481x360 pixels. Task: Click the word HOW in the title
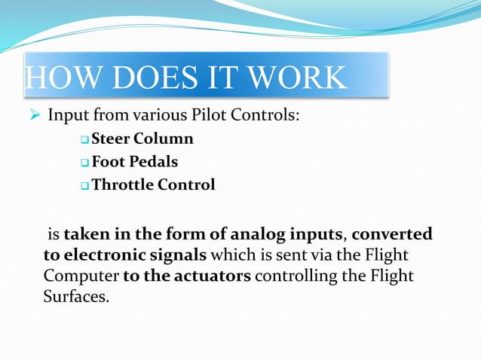(x=55, y=78)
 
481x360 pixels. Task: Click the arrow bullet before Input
(x=33, y=117)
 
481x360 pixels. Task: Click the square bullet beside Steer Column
(x=84, y=140)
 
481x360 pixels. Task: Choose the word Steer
(x=111, y=139)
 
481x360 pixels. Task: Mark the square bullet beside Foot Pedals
(x=84, y=163)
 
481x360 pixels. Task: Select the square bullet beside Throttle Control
(x=84, y=185)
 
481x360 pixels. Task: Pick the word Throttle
(x=122, y=185)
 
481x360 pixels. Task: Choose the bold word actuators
(x=214, y=276)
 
